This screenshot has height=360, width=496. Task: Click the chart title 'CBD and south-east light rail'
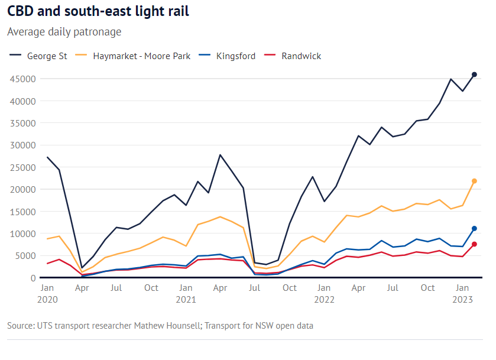click(x=98, y=11)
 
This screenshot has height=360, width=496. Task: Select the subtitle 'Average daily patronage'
click(x=64, y=31)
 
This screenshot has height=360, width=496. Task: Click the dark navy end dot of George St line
click(x=474, y=74)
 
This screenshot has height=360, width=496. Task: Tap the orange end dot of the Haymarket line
click(x=474, y=181)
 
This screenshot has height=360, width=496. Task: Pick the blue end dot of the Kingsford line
click(x=474, y=228)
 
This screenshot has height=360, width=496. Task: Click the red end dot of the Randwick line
click(x=474, y=244)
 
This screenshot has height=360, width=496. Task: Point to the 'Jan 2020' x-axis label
click(x=47, y=294)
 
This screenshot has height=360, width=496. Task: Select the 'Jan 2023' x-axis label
click(x=462, y=294)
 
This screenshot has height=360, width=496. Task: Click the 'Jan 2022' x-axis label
click(x=324, y=294)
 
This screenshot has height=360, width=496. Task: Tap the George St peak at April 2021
click(x=220, y=155)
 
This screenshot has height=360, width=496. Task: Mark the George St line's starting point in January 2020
click(x=47, y=157)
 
